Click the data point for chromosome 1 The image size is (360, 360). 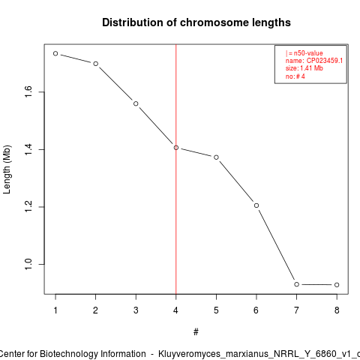pos(55,53)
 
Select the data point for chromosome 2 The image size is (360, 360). pos(96,64)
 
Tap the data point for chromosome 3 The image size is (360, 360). pos(136,103)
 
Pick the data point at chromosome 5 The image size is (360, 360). pos(216,157)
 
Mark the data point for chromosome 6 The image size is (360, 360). pos(256,205)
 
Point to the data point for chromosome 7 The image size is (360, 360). pos(297,284)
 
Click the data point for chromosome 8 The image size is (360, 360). pos(337,285)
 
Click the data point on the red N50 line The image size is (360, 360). pos(176,148)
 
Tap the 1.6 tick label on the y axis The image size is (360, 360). pos(28,91)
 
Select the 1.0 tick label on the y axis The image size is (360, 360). pos(28,264)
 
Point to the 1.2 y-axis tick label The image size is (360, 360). pos(28,207)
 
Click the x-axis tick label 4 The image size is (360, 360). pos(176,310)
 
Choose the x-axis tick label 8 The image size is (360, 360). pos(337,310)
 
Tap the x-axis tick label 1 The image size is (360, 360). pos(55,310)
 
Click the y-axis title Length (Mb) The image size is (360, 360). pos(7,169)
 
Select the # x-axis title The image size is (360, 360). pos(196,332)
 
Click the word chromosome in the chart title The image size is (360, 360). pos(214,22)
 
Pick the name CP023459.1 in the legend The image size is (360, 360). pos(325,61)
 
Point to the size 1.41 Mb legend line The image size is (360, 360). pos(304,68)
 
